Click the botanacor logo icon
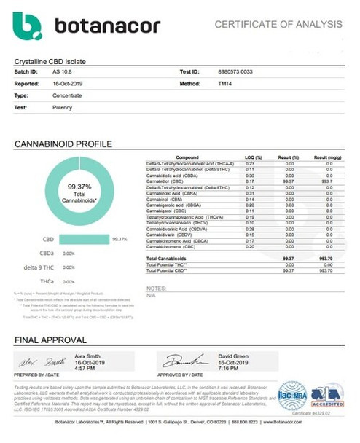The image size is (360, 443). tap(30, 27)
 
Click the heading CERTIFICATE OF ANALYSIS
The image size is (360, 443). tap(289, 24)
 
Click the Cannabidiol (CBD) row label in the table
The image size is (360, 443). tap(165, 182)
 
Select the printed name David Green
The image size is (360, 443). tap(232, 355)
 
